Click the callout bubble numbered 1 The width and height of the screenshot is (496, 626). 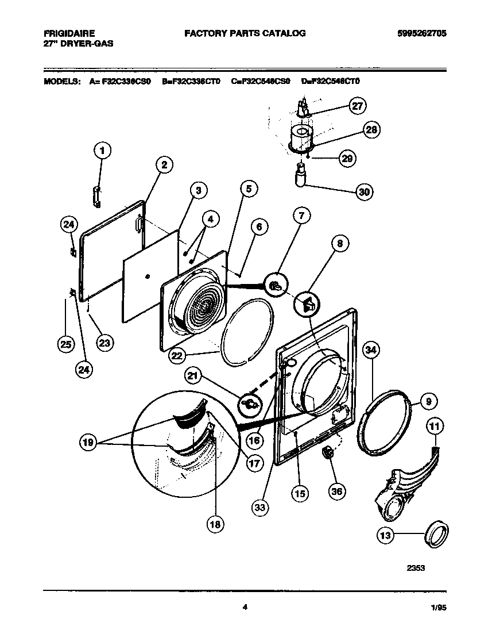tap(102, 151)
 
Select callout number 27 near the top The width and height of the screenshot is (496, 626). tap(358, 106)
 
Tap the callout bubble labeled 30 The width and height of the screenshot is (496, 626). tap(364, 192)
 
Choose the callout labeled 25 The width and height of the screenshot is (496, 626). tap(66, 344)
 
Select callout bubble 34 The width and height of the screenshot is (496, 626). tap(372, 350)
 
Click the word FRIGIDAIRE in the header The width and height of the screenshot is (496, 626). tap(69, 33)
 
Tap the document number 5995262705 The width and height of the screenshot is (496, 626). tap(421, 33)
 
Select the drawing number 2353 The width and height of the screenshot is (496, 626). tap(416, 568)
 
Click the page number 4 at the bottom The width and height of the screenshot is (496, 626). tap(245, 606)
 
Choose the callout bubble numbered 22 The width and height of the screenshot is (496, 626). tap(177, 356)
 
